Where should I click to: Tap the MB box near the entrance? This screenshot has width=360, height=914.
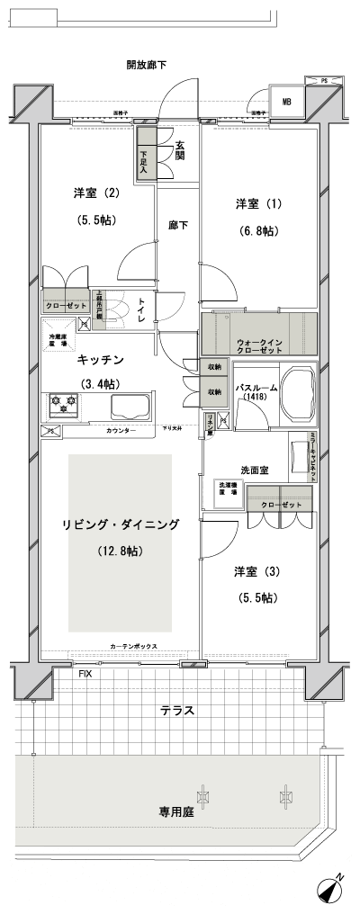[287, 102]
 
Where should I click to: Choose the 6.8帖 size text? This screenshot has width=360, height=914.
[259, 230]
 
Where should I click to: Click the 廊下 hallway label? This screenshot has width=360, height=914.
[177, 225]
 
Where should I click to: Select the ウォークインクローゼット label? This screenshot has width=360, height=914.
[259, 345]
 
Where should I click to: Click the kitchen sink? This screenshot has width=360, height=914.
[130, 406]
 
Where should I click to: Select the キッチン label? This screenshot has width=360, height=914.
[100, 360]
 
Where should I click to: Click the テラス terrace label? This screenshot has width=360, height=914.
[177, 710]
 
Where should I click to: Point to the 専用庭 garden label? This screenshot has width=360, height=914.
[177, 811]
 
